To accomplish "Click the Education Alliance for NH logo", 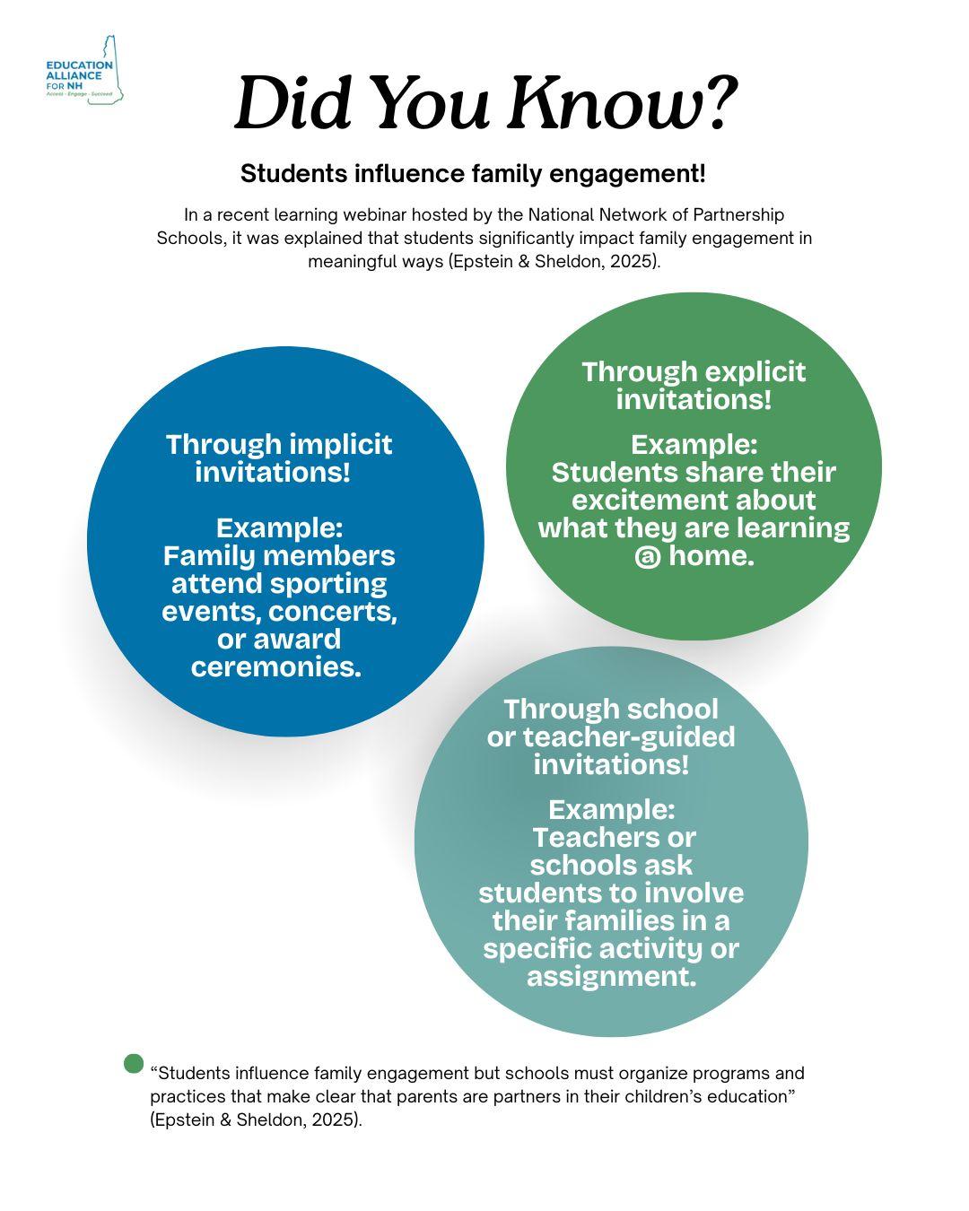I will pyautogui.click(x=84, y=71).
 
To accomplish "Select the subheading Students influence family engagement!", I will pyautogui.click(x=473, y=174).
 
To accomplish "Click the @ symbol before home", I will pyautogui.click(x=647, y=556).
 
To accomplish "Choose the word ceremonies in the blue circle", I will pyautogui.click(x=275, y=666).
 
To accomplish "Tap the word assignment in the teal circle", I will pyautogui.click(x=609, y=976).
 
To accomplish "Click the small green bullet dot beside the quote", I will pyautogui.click(x=134, y=1064).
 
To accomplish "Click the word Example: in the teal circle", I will pyautogui.click(x=611, y=809).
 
